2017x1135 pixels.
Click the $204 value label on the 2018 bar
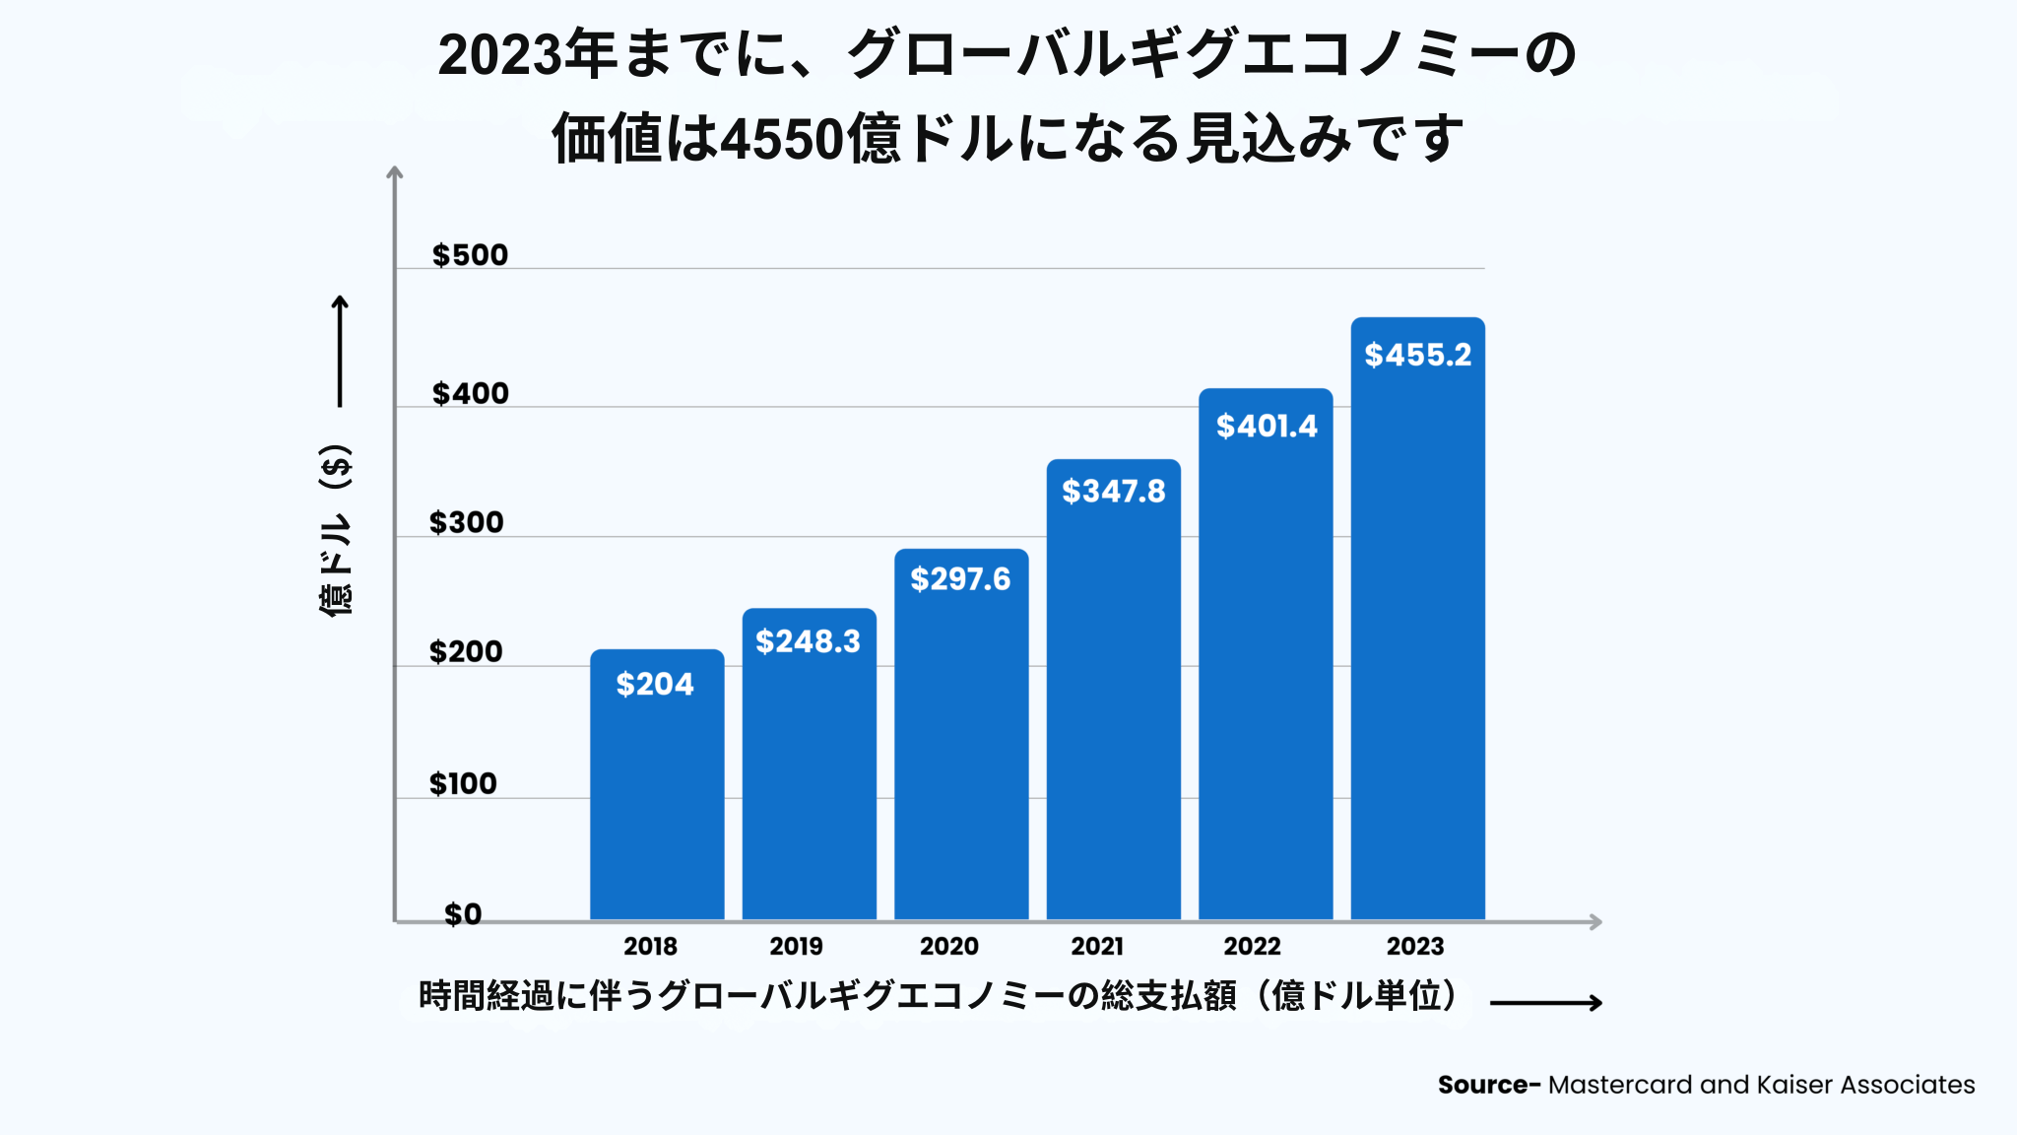[655, 684]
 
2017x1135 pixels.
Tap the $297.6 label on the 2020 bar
[960, 579]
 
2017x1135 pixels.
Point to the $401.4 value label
[1267, 426]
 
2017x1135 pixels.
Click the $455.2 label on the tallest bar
[1417, 355]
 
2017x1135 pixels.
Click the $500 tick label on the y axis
[470, 255]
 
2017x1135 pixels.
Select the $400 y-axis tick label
[470, 393]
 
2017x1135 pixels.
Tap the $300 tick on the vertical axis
[466, 522]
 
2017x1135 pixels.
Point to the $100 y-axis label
[463, 783]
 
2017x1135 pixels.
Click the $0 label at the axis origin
[463, 914]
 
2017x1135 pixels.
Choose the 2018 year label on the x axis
[650, 946]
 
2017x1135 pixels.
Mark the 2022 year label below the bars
[1252, 946]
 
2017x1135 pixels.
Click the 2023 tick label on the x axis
[1415, 946]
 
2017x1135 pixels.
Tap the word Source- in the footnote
[1488, 1085]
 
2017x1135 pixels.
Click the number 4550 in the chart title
[781, 138]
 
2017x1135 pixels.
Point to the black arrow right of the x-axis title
[1546, 1003]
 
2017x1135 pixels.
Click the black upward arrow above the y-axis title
[340, 351]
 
